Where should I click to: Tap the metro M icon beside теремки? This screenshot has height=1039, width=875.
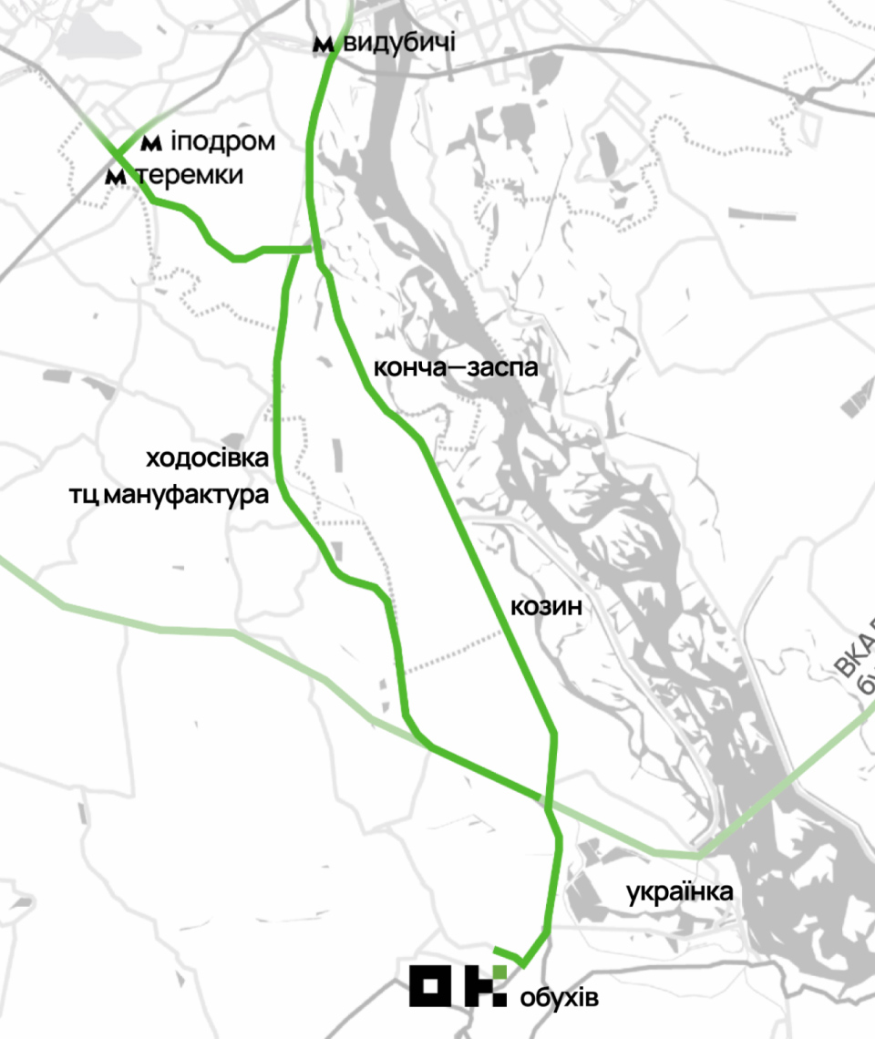pyautogui.click(x=116, y=176)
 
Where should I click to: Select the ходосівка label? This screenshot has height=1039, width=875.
pyautogui.click(x=208, y=458)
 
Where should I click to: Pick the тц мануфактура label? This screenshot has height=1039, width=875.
pyautogui.click(x=170, y=497)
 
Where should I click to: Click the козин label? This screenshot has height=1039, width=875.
pyautogui.click(x=546, y=606)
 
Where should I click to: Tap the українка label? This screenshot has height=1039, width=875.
pyautogui.click(x=680, y=891)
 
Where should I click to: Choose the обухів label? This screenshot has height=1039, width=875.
pyautogui.click(x=560, y=998)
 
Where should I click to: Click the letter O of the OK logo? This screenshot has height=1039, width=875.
pyautogui.click(x=430, y=985)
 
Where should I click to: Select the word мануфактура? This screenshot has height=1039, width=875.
pyautogui.click(x=187, y=497)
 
